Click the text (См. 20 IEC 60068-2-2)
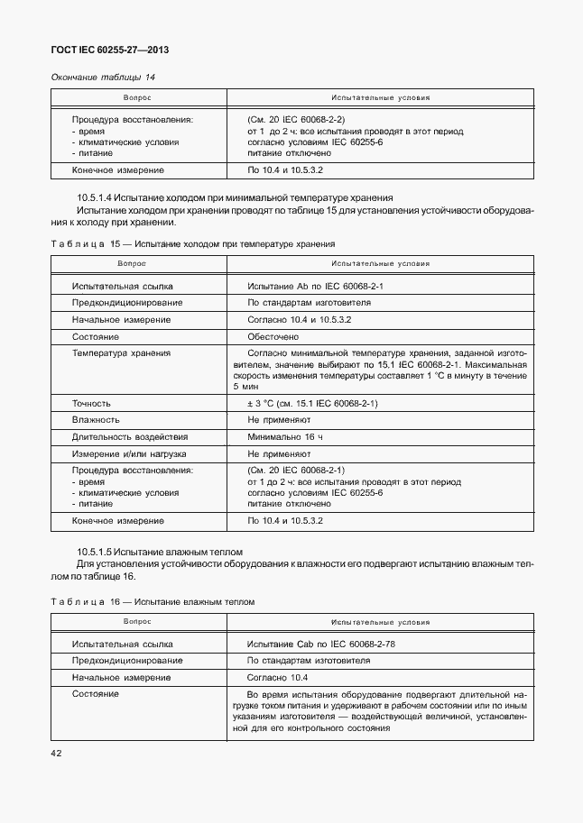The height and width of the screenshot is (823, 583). [x=295, y=119]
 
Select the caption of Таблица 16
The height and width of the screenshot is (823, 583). [x=153, y=601]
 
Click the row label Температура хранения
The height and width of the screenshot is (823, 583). [x=121, y=353]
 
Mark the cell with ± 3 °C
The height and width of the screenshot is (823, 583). [x=311, y=403]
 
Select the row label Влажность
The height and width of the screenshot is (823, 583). [x=96, y=420]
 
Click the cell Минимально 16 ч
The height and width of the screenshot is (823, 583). [x=284, y=437]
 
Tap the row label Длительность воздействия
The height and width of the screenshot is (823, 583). [x=129, y=437]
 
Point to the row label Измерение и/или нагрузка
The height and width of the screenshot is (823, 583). [x=129, y=454]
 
